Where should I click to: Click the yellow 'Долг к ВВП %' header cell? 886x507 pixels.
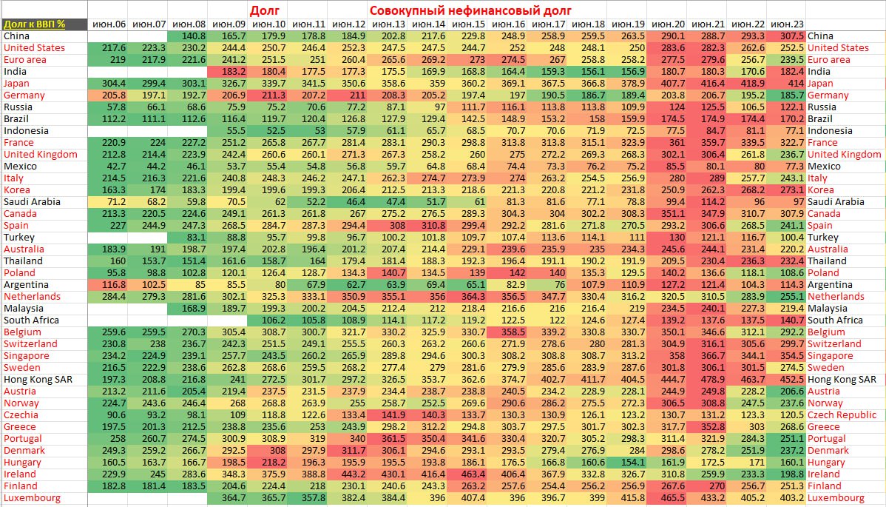(35, 24)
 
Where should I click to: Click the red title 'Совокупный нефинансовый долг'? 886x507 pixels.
(470, 10)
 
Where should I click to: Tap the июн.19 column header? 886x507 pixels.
(628, 24)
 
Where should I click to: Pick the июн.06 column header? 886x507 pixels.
(108, 24)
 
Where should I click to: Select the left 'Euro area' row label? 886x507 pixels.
(24, 60)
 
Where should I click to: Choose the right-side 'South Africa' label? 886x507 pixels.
(835, 320)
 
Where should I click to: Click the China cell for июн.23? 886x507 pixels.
(786, 36)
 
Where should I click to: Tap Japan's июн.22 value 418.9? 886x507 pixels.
(747, 84)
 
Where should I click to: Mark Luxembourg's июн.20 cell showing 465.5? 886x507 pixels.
(668, 498)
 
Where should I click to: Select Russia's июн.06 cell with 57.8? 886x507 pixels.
(108, 107)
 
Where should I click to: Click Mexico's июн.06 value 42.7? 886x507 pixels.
(108, 167)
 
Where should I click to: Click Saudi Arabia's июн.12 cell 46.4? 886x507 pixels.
(348, 202)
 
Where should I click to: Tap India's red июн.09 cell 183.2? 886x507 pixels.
(228, 72)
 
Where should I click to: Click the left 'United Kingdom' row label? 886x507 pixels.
(40, 155)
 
